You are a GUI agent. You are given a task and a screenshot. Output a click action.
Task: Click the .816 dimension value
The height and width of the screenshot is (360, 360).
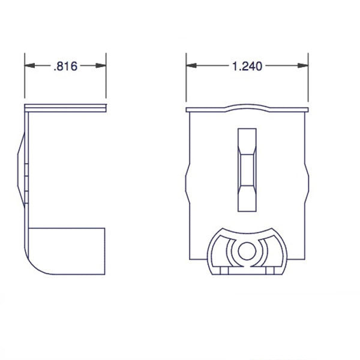(65, 67)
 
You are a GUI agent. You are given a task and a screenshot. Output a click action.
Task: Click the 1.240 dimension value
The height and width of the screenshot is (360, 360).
(247, 67)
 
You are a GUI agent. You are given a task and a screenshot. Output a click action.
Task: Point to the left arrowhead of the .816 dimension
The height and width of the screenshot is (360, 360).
(28, 66)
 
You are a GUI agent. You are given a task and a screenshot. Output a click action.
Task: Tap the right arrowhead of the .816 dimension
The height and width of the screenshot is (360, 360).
(103, 66)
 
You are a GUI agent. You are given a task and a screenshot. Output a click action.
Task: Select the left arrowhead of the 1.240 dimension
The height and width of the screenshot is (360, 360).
(190, 66)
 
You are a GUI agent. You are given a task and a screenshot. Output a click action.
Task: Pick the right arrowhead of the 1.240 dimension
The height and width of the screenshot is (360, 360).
(304, 66)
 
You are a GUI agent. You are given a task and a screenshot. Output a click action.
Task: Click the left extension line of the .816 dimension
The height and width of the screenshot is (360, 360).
(25, 78)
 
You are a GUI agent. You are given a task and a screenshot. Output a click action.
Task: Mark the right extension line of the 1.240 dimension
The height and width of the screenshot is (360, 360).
(308, 78)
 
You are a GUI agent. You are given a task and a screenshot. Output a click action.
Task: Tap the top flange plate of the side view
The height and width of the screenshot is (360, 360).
(66, 108)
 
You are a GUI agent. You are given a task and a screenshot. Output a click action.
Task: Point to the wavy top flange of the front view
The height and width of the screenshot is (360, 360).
(247, 109)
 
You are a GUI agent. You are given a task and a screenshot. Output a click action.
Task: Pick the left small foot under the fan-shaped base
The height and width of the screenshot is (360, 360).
(223, 271)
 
